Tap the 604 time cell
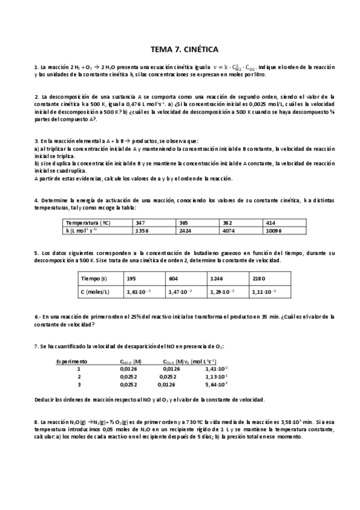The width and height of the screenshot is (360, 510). pos(174,278)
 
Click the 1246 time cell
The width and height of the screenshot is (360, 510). pos(218,278)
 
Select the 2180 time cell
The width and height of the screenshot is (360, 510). pos(258,278)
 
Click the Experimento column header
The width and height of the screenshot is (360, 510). pos(72,361)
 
